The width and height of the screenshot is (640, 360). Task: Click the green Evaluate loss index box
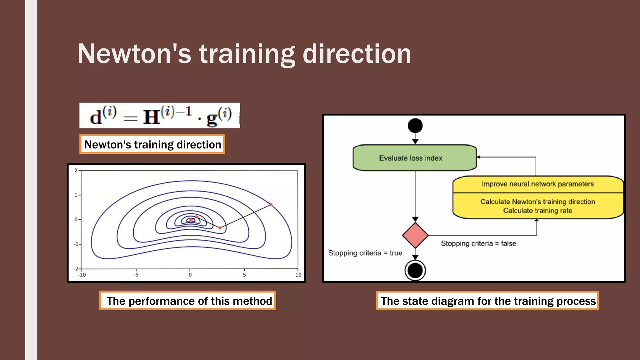click(414, 158)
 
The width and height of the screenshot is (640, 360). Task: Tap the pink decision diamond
click(415, 235)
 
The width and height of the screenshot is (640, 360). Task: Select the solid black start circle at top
click(415, 126)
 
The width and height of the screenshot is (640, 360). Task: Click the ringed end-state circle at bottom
click(415, 270)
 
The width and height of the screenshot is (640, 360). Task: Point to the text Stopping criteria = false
click(478, 243)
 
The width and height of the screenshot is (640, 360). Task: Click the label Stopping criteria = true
click(365, 253)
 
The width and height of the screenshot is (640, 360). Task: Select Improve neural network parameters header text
click(537, 184)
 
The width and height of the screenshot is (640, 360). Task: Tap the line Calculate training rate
click(537, 211)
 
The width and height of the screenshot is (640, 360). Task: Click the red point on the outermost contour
click(271, 205)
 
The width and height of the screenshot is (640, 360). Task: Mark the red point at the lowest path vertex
click(220, 228)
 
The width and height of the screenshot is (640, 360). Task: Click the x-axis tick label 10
click(298, 275)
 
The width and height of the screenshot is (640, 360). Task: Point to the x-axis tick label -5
click(136, 275)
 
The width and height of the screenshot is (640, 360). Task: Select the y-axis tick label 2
click(76, 171)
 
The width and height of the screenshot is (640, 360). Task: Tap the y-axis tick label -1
click(76, 244)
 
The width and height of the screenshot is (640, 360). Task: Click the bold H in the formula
click(152, 117)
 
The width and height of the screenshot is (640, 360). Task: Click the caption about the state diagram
click(487, 301)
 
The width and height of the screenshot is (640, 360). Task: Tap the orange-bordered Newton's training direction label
click(152, 144)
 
